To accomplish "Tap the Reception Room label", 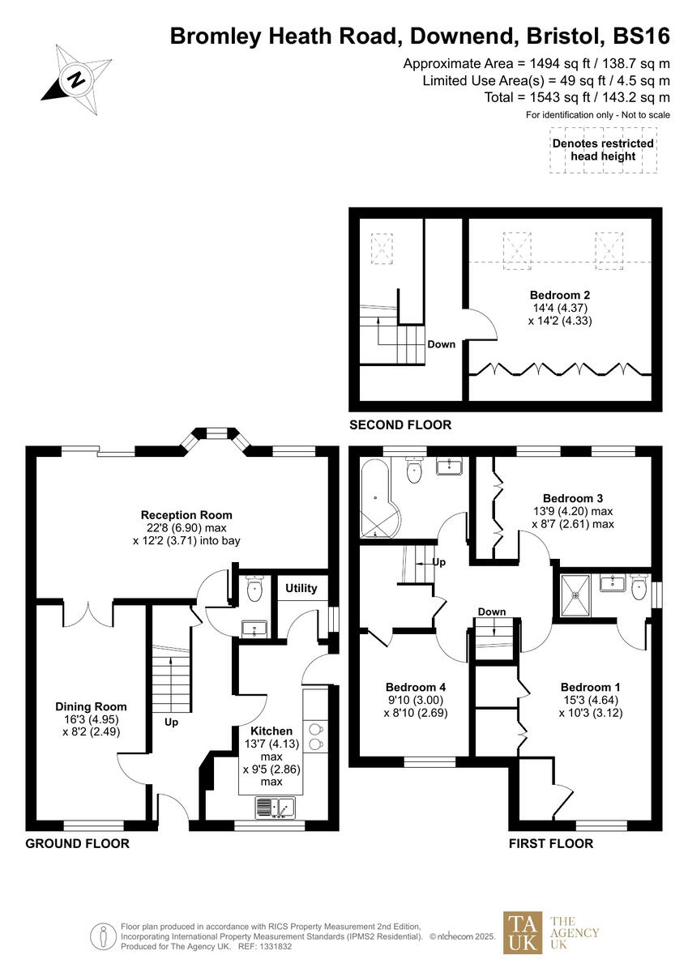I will click(x=186, y=514).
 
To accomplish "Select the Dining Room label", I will click(x=91, y=706).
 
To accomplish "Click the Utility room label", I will click(x=301, y=588).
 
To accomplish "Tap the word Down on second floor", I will click(x=442, y=344).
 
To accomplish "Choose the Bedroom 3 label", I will click(x=573, y=498).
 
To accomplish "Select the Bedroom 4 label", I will click(x=416, y=687).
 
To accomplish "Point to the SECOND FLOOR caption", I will click(x=400, y=425).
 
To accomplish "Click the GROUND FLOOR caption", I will click(x=78, y=843).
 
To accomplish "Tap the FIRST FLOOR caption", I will click(x=551, y=843).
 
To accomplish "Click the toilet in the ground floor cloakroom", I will click(x=256, y=588).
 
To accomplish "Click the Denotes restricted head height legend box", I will click(x=603, y=150).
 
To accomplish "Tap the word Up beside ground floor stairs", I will click(x=171, y=722).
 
